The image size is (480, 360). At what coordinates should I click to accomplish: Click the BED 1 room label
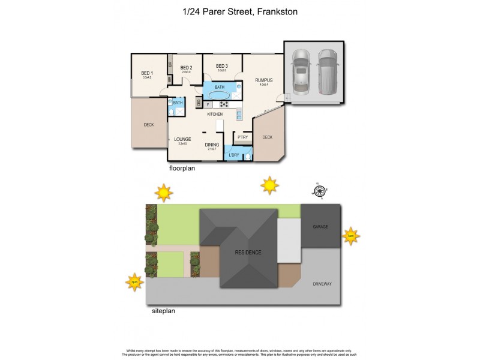147,73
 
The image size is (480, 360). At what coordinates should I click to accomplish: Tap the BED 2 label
185,68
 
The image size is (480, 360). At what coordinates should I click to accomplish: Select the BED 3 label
221,66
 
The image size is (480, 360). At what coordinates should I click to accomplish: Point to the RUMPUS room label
264,80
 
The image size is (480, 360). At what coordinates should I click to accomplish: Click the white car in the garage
300,71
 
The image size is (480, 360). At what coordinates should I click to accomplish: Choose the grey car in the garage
328,71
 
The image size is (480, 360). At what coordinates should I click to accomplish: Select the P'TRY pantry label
242,137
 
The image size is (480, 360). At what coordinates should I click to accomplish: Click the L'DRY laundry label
234,156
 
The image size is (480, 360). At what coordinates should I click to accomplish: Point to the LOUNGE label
182,139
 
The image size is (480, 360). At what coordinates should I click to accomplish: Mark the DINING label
212,145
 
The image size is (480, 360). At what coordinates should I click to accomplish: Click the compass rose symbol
320,191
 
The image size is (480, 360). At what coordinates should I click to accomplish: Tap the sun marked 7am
350,236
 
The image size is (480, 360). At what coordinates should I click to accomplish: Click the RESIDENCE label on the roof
248,253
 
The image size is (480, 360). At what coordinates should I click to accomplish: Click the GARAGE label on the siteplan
321,227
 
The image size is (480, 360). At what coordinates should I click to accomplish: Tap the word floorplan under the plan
182,169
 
